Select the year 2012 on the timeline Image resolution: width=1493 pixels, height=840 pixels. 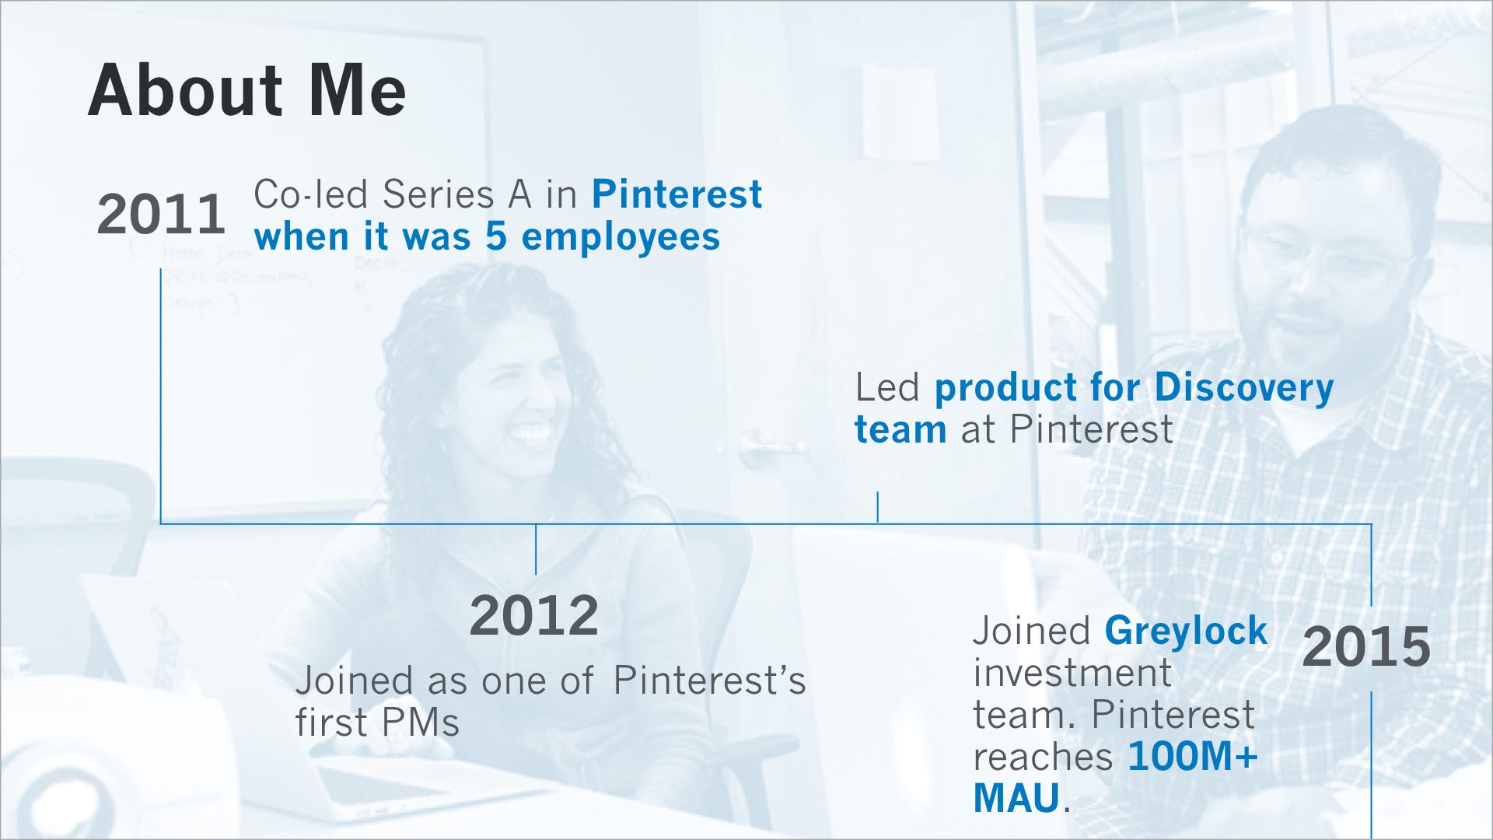pos(534,615)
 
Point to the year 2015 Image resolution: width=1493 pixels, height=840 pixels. pos(1366,646)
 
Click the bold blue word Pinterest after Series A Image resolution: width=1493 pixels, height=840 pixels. pos(677,194)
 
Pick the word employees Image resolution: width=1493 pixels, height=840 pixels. pos(621,238)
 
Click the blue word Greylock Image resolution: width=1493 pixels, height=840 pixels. pos(1186,632)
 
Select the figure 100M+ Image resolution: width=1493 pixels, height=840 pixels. pos(1193,756)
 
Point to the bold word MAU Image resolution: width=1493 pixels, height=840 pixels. pos(1016,798)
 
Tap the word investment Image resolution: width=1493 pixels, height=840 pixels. pos(1072,673)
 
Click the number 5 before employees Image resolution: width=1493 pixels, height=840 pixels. pos(497,236)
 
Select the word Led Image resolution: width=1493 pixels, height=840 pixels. pos(887,387)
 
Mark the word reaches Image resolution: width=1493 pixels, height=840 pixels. pos(1043,758)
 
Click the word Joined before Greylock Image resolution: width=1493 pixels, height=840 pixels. pos(1032,632)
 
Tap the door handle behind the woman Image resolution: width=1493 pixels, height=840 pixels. pos(770,450)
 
